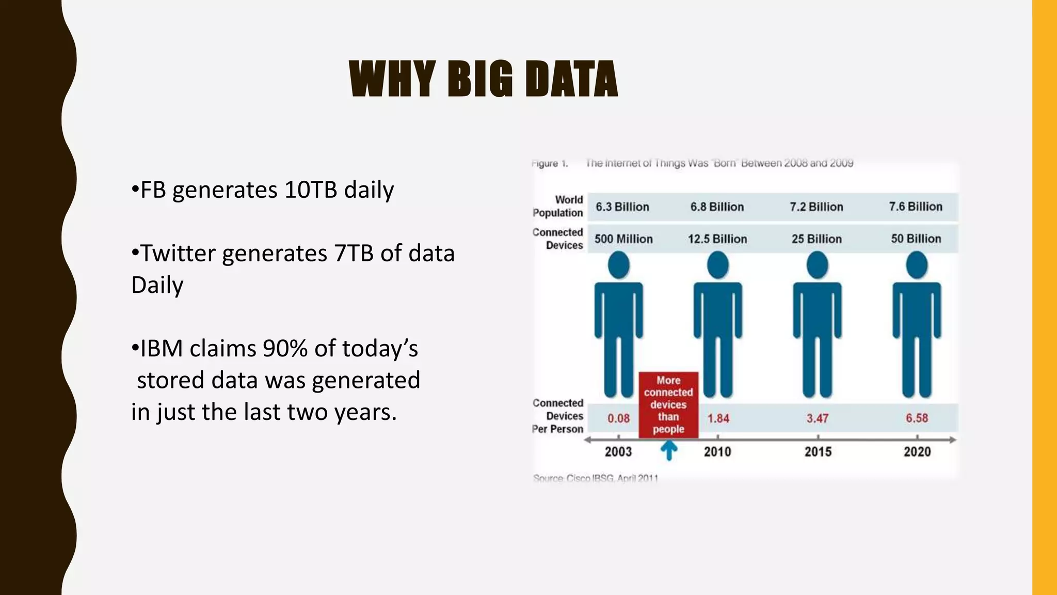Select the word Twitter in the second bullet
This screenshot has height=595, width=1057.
click(178, 253)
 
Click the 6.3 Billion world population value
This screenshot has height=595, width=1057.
click(622, 207)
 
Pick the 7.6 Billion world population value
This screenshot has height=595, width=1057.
click(915, 207)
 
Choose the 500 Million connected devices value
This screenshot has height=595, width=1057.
click(623, 239)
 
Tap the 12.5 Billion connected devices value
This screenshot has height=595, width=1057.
click(717, 239)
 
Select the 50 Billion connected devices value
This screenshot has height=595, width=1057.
click(916, 239)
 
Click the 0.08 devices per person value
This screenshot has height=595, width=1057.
click(618, 418)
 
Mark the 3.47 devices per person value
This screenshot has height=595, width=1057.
click(818, 418)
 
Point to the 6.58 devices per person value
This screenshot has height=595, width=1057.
click(917, 418)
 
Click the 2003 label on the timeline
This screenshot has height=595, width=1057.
click(618, 452)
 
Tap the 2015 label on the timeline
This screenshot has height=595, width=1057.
click(818, 452)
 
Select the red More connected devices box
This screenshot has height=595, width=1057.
click(668, 404)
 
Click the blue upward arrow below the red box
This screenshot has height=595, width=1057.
click(669, 451)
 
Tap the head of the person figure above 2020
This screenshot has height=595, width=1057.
click(917, 265)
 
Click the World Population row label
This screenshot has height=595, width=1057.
click(559, 206)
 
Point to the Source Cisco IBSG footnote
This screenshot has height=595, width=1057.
click(596, 478)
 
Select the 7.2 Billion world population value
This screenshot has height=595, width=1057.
click(816, 207)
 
